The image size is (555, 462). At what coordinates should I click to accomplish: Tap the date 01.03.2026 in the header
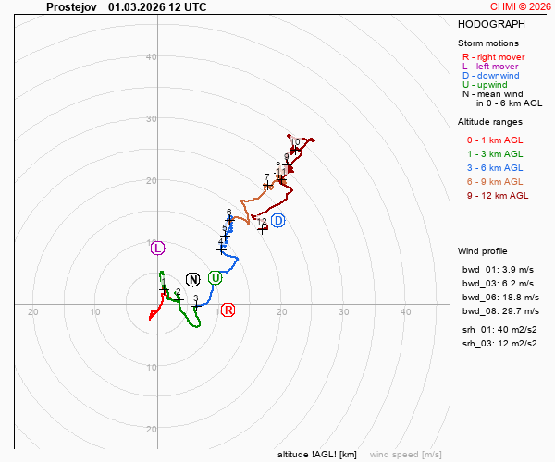point(137,6)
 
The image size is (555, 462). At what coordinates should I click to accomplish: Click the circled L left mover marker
point(157,247)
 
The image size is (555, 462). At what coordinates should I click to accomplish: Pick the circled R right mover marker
point(228,310)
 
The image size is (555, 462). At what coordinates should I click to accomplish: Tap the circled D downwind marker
point(277,219)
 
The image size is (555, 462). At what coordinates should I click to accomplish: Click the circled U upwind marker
point(215,277)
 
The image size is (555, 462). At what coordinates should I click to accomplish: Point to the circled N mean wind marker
point(192,279)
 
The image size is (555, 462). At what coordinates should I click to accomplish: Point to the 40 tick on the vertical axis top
point(151,57)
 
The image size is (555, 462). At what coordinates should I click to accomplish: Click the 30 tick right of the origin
point(343,312)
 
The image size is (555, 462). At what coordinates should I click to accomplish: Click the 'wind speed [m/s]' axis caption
point(405,454)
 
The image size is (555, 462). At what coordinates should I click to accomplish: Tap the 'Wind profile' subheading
point(482,251)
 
